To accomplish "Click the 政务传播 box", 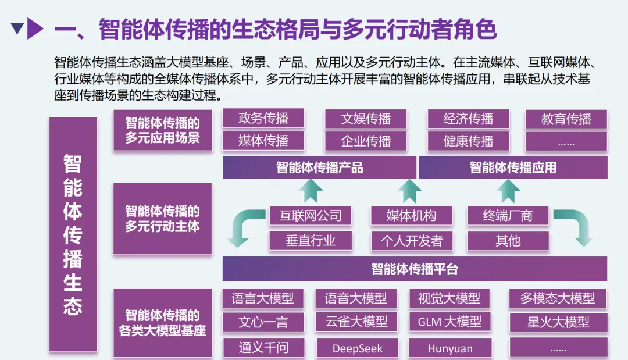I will coord(263,119).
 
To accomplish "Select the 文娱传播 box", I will coord(366,119).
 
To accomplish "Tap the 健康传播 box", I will coord(468,141).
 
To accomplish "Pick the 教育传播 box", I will coord(566,119).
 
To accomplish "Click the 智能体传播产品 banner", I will coord(319,168).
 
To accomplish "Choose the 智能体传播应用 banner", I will coord(513,168).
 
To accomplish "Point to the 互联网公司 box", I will coord(311,216).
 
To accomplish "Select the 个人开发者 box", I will coord(412,240).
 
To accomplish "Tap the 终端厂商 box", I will coord(508,216).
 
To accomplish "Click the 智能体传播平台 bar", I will coord(415,269).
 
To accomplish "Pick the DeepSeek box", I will coord(357,348).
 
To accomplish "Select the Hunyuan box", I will coord(450,348).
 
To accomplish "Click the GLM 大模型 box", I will coord(449,322).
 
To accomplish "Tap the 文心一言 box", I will coord(263,322).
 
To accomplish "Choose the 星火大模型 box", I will coord(558,322).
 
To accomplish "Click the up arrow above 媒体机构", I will coord(410,191).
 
